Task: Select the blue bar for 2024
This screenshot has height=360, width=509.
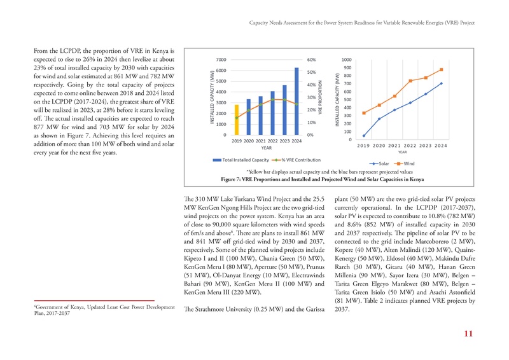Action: [296, 102]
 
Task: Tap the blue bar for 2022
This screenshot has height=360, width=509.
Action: [272, 113]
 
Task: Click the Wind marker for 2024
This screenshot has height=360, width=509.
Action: [441, 70]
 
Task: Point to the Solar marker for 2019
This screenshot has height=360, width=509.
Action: [364, 135]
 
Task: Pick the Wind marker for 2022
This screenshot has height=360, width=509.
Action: [410, 81]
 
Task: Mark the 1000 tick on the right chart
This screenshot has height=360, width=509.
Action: [347, 59]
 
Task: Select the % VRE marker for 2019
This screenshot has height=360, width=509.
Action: [237, 118]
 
